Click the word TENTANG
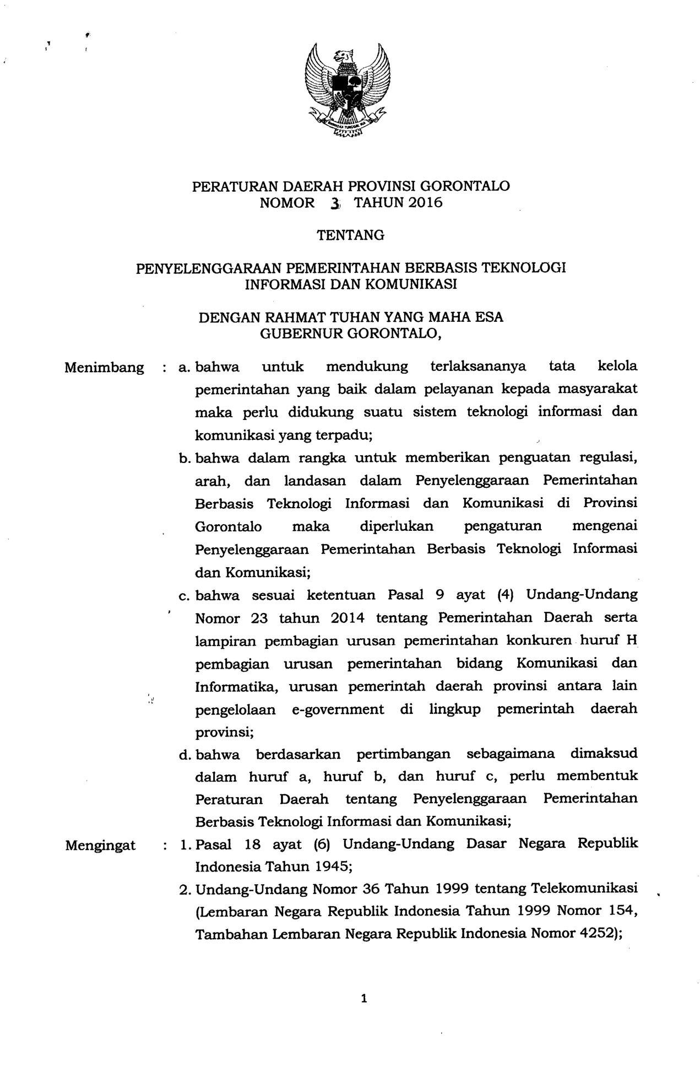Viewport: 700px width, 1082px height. pos(350,235)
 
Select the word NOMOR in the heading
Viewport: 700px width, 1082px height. pos(287,203)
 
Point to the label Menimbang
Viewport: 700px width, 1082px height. pos(104,368)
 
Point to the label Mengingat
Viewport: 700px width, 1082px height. pos(100,846)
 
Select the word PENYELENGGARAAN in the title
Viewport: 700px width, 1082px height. pos(209,268)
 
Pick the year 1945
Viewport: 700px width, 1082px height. pos(335,866)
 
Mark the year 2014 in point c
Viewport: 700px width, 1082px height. pos(348,618)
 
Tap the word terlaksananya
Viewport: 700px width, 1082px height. pos(478,367)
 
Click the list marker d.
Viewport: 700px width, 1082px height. pos(184,755)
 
